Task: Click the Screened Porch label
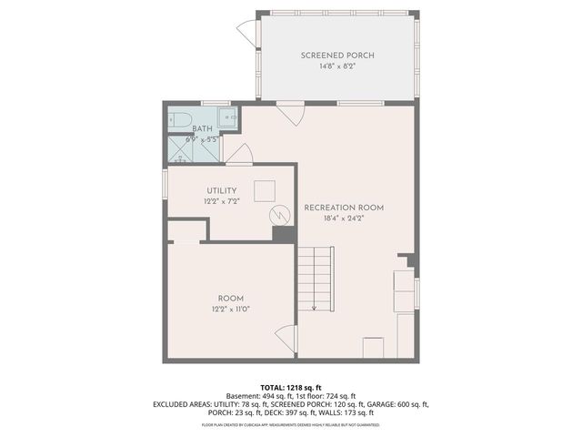[x=337, y=56]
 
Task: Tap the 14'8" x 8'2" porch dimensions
[x=337, y=66]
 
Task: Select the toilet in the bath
[x=179, y=118]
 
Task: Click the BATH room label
[x=202, y=128]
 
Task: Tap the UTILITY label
[x=222, y=190]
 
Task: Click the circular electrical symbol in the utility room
[x=279, y=215]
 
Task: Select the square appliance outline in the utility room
[x=264, y=191]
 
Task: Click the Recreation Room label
[x=344, y=208]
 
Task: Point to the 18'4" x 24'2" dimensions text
[x=344, y=218]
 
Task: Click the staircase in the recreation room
[x=317, y=279]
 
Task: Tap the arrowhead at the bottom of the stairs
[x=314, y=308]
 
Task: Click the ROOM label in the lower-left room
[x=230, y=299]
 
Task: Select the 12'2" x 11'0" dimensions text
[x=230, y=310]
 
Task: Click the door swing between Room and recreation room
[x=287, y=338]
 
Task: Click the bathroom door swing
[x=238, y=154]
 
